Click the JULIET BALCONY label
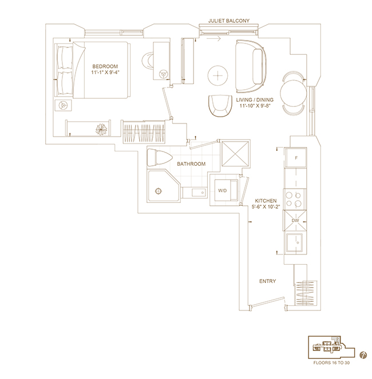tap(229, 21)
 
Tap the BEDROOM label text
tap(105, 66)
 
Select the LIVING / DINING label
tap(255, 100)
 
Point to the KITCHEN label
tap(266, 201)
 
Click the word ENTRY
tap(267, 281)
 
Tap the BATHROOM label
tap(191, 164)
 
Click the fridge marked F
tap(295, 158)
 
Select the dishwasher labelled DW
tap(295, 221)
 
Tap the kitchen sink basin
tap(295, 242)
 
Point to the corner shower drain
tap(159, 191)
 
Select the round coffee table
tap(217, 75)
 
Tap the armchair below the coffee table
tap(220, 106)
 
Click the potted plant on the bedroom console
tap(101, 129)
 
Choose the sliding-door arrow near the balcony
tap(213, 38)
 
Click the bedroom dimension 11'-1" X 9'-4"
tap(105, 72)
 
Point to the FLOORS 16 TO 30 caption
tap(331, 363)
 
